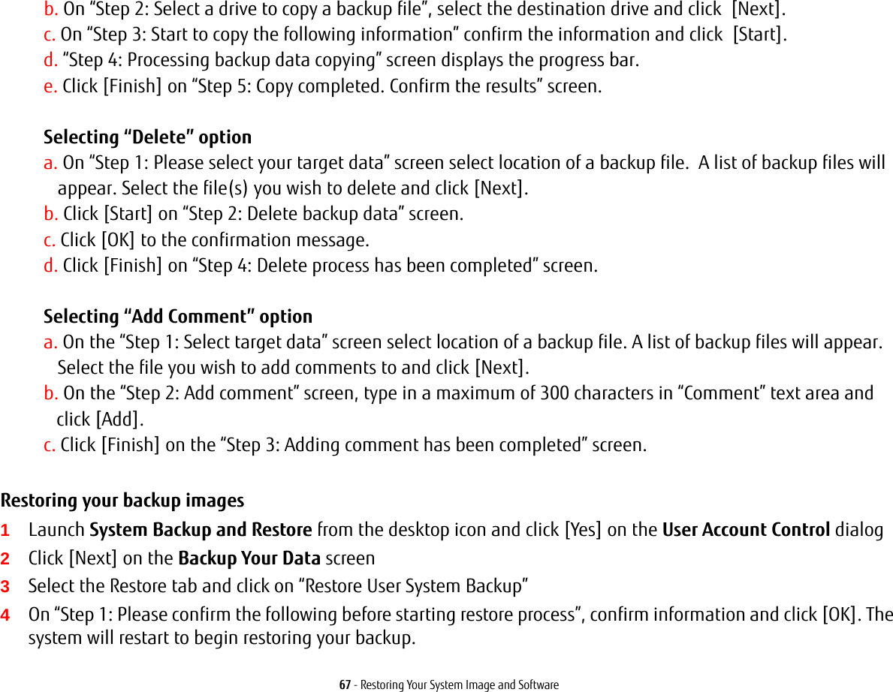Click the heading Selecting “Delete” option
pyautogui.click(x=147, y=137)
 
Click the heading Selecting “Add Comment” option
pyautogui.click(x=178, y=317)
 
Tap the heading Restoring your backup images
pyautogui.click(x=122, y=501)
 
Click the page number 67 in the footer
pyautogui.click(x=344, y=684)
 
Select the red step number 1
pyautogui.click(x=5, y=531)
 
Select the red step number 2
pyautogui.click(x=5, y=558)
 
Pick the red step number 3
pyautogui.click(x=5, y=586)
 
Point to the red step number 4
pyautogui.click(x=5, y=615)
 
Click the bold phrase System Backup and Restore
pyautogui.click(x=201, y=530)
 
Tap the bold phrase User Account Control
pyautogui.click(x=745, y=530)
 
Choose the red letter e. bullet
pyautogui.click(x=50, y=86)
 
